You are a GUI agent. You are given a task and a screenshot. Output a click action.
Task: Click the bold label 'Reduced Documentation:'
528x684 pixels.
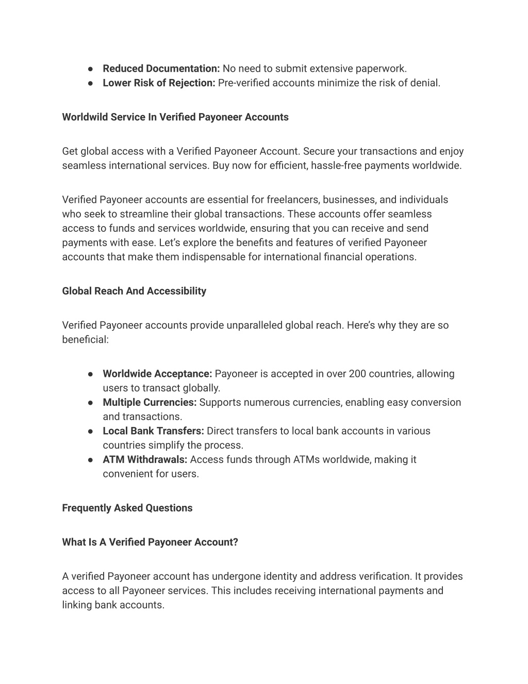(161, 69)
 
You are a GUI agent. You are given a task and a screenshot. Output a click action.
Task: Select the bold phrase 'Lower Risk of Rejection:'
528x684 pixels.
(159, 83)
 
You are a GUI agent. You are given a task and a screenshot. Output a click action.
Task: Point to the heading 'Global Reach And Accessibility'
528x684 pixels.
(134, 291)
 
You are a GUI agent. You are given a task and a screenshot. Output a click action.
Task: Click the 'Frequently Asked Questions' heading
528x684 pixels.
(127, 508)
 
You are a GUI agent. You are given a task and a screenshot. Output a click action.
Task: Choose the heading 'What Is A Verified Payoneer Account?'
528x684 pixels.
(150, 542)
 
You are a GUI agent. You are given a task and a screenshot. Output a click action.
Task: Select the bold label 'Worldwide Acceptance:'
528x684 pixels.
(157, 374)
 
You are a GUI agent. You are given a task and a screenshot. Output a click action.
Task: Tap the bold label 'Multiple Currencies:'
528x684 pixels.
(150, 402)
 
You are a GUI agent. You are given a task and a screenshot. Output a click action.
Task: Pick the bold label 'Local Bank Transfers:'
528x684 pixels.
(154, 431)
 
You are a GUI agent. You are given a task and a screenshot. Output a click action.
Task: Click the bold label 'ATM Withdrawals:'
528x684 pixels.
(145, 459)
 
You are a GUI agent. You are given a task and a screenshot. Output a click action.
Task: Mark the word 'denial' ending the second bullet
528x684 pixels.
(425, 83)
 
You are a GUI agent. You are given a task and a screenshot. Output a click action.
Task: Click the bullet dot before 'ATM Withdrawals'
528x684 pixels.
(90, 459)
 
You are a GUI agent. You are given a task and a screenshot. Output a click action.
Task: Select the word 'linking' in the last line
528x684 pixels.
(77, 605)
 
